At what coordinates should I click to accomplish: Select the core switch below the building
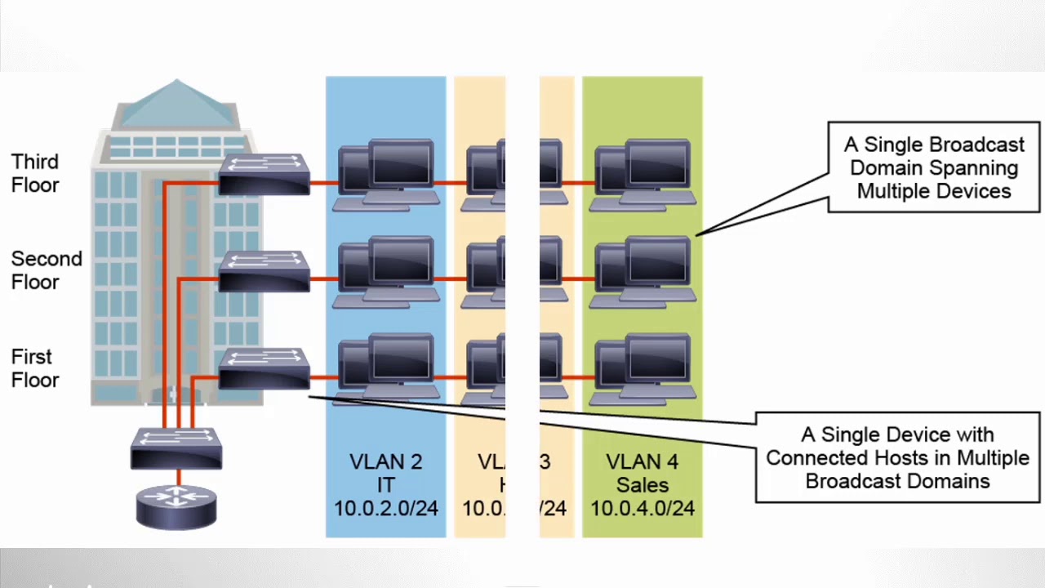coord(176,448)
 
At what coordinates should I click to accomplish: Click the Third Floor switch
coord(264,174)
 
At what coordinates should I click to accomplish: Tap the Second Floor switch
coord(264,271)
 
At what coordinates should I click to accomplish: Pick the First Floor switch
coord(264,369)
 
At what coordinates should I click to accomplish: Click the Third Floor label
coord(35,173)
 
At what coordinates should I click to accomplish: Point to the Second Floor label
coord(47,270)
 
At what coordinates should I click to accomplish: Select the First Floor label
coord(35,368)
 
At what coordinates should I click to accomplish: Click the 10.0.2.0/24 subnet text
coord(385,509)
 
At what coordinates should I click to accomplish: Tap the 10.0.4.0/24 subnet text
coord(643,509)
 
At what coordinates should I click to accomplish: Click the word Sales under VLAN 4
coord(643,485)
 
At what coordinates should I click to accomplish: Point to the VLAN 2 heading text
coord(385,462)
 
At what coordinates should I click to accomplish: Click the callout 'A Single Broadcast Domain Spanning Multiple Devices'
coord(934,167)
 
